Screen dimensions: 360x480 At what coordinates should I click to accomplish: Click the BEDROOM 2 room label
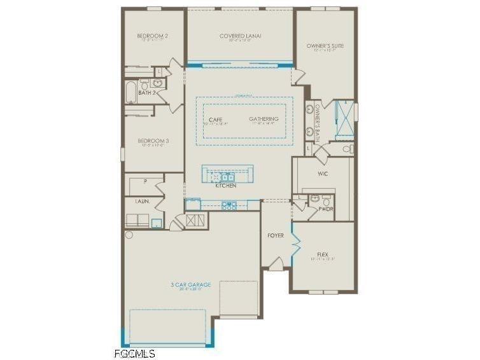pyautogui.click(x=153, y=36)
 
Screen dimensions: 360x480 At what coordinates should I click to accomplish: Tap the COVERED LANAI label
pyautogui.click(x=241, y=36)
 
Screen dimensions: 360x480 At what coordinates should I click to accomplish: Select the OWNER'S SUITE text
pyautogui.click(x=325, y=46)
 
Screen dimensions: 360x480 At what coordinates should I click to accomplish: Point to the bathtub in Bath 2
pyautogui.click(x=131, y=92)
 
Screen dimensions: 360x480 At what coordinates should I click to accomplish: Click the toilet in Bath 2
pyautogui.click(x=145, y=84)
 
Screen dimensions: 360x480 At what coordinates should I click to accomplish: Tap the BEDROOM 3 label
pyautogui.click(x=153, y=141)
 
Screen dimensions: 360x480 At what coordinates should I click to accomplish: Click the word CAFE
pyautogui.click(x=215, y=119)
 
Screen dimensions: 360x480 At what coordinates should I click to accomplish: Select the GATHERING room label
pyautogui.click(x=264, y=119)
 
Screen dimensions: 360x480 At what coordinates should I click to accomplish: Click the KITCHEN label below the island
pyautogui.click(x=225, y=186)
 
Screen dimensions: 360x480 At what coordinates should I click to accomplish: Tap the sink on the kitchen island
pyautogui.click(x=226, y=177)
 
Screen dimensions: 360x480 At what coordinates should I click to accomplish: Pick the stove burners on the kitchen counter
pyautogui.click(x=229, y=205)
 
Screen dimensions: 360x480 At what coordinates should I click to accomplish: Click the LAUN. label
pyautogui.click(x=143, y=201)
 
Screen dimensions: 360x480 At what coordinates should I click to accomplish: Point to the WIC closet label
pyautogui.click(x=323, y=173)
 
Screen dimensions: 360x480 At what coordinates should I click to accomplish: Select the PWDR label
pyautogui.click(x=325, y=209)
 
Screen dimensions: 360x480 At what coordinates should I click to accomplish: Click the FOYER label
pyautogui.click(x=275, y=235)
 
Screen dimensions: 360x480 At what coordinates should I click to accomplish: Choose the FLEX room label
pyautogui.click(x=323, y=254)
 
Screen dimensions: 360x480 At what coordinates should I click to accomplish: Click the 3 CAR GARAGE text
pyautogui.click(x=190, y=284)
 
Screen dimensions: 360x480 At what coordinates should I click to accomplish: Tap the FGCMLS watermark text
pyautogui.click(x=134, y=353)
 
